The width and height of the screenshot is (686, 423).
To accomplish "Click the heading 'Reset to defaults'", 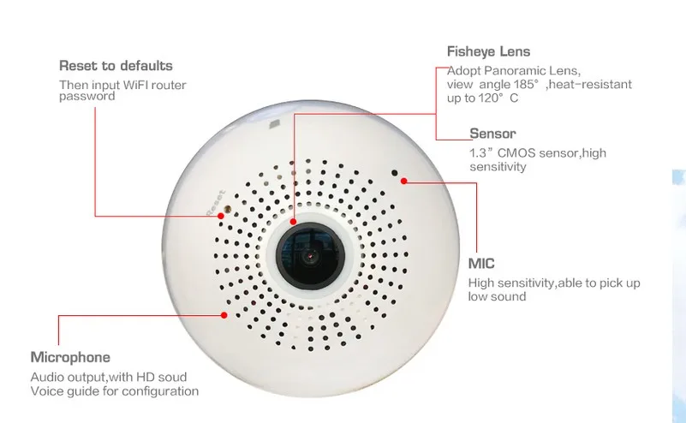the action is [116, 66].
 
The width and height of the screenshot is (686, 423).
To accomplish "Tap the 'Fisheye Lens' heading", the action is [488, 51].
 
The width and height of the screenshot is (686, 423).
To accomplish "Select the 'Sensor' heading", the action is [492, 134].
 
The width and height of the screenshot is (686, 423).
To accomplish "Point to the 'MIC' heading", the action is [481, 264].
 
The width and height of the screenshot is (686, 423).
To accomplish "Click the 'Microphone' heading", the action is [70, 357].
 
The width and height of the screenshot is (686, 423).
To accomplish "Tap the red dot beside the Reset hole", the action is [221, 216].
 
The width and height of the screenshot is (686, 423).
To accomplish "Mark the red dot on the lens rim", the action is [293, 222].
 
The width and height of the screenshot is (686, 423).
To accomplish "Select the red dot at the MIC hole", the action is [404, 181].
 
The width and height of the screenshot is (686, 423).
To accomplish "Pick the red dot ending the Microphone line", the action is [224, 315].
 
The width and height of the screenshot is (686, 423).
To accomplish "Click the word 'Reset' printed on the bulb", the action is [216, 202].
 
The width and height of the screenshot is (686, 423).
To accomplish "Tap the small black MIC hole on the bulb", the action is [395, 173].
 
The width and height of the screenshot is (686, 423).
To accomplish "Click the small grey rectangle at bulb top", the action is [274, 124].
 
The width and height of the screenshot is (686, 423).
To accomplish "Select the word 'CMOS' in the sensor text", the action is [516, 153].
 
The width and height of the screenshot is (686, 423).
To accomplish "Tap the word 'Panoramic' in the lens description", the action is [515, 71].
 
